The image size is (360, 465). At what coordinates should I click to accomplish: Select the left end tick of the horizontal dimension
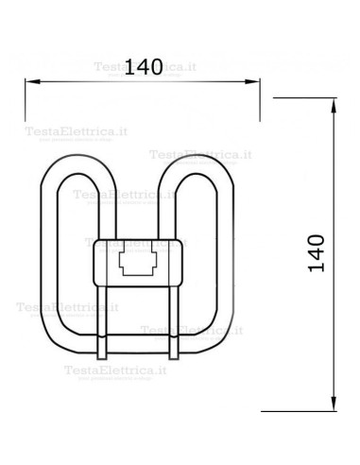24,80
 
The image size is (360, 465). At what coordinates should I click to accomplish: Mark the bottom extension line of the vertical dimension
302,410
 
